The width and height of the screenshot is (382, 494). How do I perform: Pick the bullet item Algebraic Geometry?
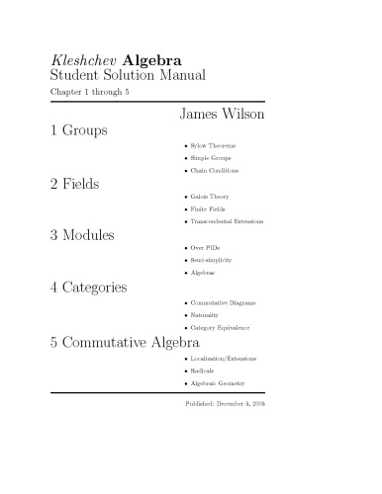click(219, 382)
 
